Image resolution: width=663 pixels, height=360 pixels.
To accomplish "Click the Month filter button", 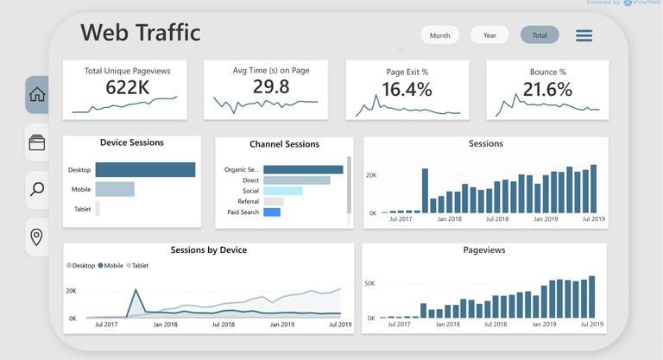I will (x=440, y=35).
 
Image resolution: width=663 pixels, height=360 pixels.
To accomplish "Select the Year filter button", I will (x=489, y=35).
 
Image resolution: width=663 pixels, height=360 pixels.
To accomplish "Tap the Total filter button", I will (x=540, y=35).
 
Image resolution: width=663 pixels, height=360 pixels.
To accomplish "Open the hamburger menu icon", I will (x=584, y=35).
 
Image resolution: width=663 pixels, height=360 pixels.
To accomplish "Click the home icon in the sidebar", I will (x=37, y=95).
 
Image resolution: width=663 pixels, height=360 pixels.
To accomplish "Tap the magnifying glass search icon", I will (x=37, y=188).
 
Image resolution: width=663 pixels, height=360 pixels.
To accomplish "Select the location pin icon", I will (x=37, y=237).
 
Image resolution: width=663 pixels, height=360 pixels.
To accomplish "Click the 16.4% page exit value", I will (x=407, y=89).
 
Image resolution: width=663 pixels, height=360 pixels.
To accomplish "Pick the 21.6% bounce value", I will (x=546, y=89).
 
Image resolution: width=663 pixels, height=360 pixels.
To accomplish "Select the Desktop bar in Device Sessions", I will (x=145, y=170).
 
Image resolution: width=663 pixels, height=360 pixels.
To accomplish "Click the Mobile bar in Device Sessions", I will (x=115, y=189).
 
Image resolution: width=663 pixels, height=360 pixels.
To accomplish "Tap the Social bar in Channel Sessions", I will (x=283, y=191).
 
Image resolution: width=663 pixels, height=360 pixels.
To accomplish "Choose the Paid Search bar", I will (x=272, y=212).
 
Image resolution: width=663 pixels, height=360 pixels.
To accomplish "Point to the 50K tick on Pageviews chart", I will (x=369, y=283).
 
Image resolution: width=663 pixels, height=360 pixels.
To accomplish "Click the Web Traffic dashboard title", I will (x=140, y=33).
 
